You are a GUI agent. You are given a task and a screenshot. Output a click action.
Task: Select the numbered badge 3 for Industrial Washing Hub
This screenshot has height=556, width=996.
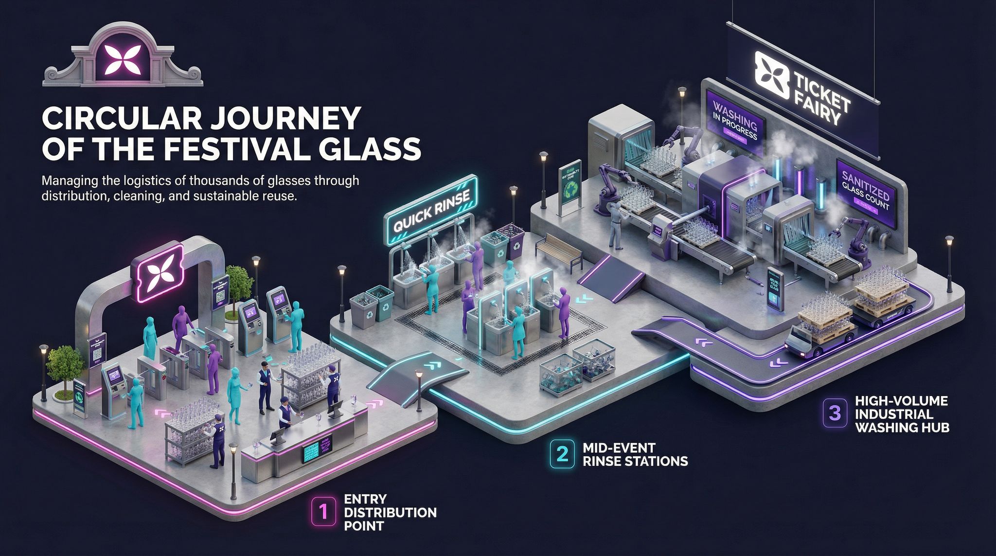[x=834, y=413]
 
